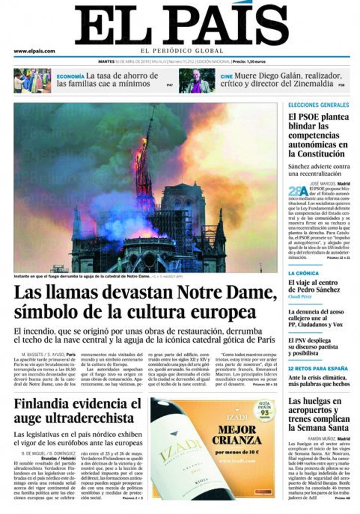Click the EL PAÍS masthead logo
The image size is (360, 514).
(x=182, y=25)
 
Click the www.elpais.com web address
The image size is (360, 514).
(x=34, y=51)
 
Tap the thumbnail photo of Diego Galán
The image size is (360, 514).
(x=197, y=80)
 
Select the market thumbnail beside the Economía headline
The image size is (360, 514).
(x=32, y=80)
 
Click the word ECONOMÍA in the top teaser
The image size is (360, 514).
(x=70, y=76)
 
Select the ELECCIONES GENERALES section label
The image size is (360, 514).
(x=319, y=105)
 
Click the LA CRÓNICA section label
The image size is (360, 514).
(x=304, y=273)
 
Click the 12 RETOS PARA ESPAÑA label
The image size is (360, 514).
(x=318, y=369)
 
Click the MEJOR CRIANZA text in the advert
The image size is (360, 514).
(x=237, y=434)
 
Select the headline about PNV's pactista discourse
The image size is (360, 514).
(x=313, y=347)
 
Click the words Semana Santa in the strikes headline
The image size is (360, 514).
(x=319, y=428)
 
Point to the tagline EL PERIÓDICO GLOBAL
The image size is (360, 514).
(x=182, y=51)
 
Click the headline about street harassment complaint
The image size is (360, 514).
(x=315, y=318)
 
